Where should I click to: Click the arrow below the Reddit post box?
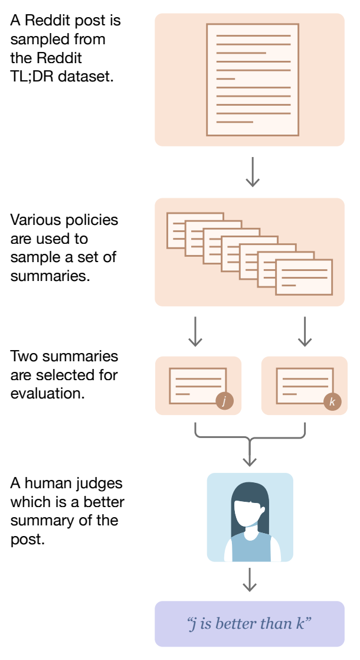pyautogui.click(x=253, y=172)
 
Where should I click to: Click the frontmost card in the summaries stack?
pyautogui.click(x=304, y=277)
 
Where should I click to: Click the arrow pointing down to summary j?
pyautogui.click(x=195, y=332)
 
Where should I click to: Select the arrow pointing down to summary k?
pyautogui.click(x=305, y=332)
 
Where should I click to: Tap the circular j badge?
pyautogui.click(x=224, y=401)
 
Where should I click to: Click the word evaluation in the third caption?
pyautogui.click(x=47, y=393)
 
